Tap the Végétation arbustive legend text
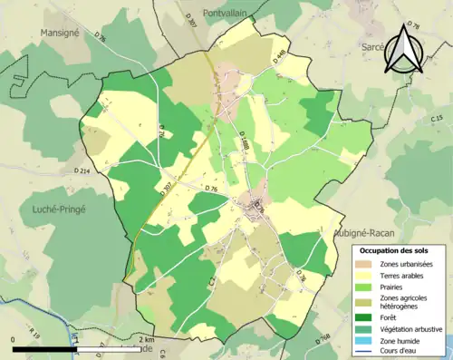pos(410,328)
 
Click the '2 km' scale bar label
pos(147,339)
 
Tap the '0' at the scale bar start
pos(14,339)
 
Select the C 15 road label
pos(436,119)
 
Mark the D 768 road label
pos(323,338)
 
